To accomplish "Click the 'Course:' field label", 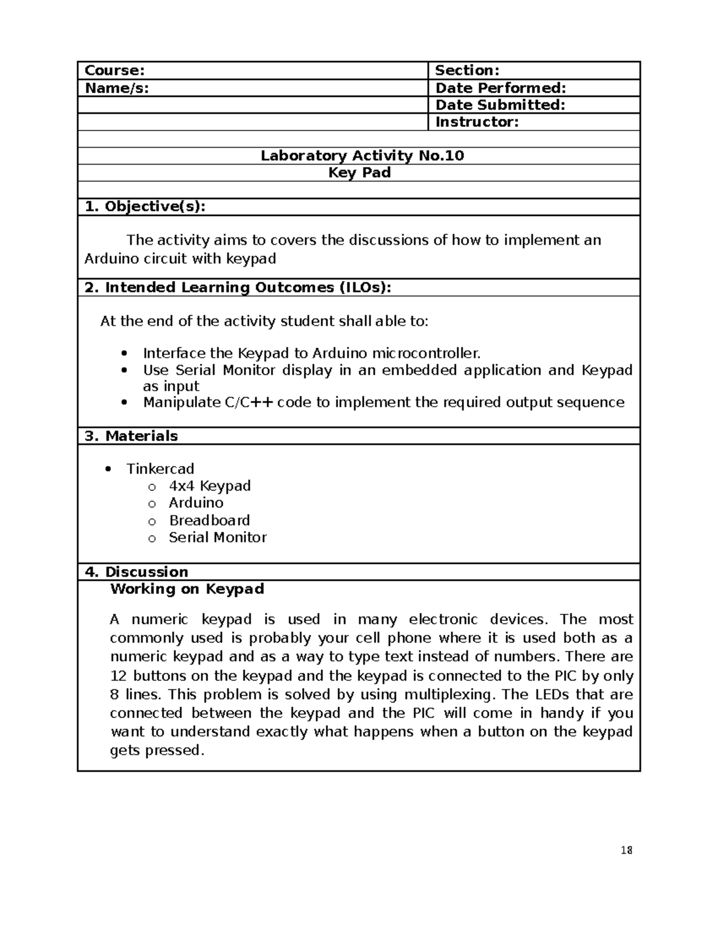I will (x=115, y=71).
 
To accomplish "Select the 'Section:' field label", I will (x=467, y=71).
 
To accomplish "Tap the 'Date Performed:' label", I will (x=500, y=88).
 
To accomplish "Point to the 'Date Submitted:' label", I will (x=500, y=105).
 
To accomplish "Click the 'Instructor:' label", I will (x=477, y=122).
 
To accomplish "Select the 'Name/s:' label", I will (x=117, y=88).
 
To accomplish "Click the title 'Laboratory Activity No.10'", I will (x=362, y=156).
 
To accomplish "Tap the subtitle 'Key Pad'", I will (x=360, y=173).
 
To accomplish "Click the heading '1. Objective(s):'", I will (x=145, y=206).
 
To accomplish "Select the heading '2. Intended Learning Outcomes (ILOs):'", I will (x=238, y=288).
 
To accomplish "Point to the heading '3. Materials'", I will (x=131, y=436).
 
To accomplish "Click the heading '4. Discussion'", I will (x=136, y=572).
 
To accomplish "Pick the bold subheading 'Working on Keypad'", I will (x=187, y=589).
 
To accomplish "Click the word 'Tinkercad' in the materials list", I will (x=160, y=469).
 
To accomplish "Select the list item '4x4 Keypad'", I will (x=209, y=486).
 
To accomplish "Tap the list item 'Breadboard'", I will (x=209, y=520).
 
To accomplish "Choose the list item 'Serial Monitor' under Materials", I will (x=217, y=537).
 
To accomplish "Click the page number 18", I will (x=626, y=851).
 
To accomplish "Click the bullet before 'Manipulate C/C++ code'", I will (x=124, y=403).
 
